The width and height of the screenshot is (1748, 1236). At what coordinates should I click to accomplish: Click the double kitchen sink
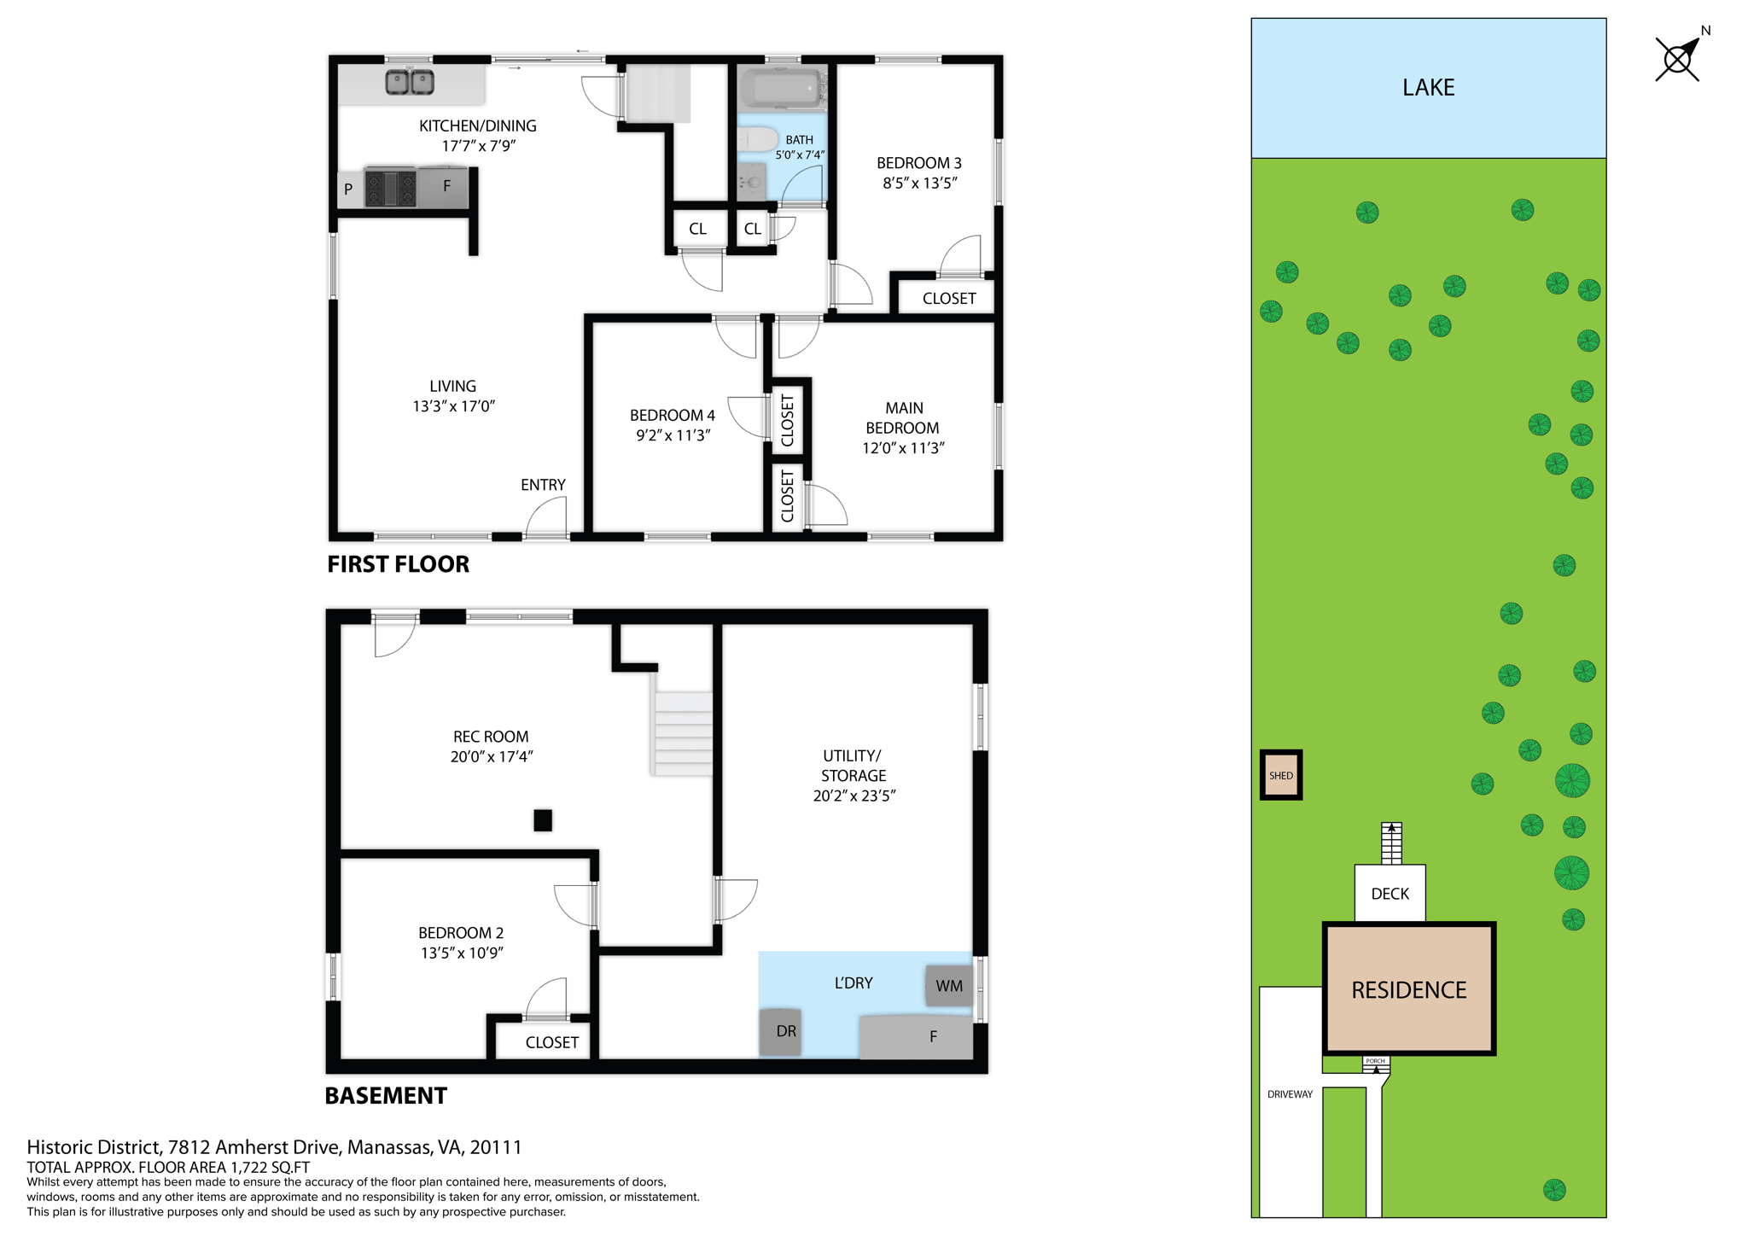pos(410,82)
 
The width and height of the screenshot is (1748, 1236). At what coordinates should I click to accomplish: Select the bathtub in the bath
pos(780,87)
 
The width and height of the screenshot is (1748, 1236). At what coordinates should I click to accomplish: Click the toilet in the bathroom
pos(758,139)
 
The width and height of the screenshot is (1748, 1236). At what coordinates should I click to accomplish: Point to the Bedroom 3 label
pos(918,163)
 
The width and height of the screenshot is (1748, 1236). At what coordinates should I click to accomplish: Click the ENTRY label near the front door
pos(543,485)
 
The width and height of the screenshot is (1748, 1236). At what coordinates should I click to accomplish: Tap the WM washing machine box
pos(948,986)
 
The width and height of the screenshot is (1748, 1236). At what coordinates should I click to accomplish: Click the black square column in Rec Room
pos(543,820)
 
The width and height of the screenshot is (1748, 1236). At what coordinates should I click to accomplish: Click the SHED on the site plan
pos(1280,775)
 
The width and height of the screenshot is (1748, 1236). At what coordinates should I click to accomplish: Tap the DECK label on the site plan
pos(1390,894)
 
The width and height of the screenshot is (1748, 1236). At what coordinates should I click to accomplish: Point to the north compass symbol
pos(1678,59)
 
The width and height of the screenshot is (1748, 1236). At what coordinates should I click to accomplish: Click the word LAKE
pos(1428,88)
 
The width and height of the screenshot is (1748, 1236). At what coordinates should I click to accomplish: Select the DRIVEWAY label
pos(1290,1094)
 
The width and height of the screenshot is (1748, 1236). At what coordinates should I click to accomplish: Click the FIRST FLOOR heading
pos(398,564)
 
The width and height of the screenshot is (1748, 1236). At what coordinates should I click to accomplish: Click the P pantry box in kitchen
pos(348,189)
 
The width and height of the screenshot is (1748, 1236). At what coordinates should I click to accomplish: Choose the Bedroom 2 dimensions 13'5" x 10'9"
pos(462,953)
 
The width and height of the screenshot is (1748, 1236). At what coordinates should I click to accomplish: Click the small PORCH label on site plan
pos(1375,1061)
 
